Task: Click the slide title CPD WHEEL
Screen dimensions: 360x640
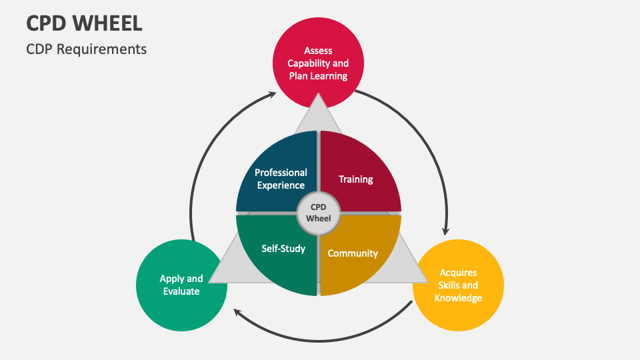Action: point(84,23)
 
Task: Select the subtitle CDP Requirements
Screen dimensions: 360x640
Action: point(86,49)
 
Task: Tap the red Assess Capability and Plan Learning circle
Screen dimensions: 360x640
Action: point(318,63)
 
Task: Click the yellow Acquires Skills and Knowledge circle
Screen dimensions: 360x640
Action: point(458,285)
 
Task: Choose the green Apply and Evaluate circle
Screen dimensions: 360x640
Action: point(181,285)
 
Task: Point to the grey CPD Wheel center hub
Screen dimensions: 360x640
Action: point(318,213)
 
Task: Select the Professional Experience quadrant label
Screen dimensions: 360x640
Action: point(281,179)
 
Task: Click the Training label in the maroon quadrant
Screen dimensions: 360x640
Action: point(355,179)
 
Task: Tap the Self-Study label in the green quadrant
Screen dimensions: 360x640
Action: point(283,249)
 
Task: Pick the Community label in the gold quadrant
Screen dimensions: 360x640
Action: point(353,253)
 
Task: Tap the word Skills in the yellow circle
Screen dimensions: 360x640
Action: point(446,285)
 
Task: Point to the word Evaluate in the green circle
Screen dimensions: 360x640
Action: point(181,291)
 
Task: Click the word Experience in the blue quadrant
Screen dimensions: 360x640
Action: point(281,185)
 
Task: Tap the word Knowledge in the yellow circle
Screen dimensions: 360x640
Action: point(458,298)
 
